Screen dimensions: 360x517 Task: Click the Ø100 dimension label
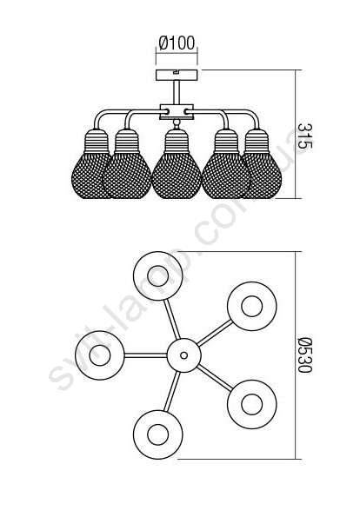point(177,43)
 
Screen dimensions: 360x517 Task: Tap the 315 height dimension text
point(304,136)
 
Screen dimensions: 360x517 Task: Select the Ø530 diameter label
point(304,355)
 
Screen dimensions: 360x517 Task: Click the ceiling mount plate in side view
point(177,76)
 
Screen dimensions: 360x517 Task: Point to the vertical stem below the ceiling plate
point(177,93)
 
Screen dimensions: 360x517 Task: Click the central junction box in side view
point(177,112)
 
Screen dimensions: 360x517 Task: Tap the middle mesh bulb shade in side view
point(177,175)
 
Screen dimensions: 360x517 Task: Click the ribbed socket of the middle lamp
point(177,141)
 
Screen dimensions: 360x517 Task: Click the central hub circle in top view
point(183,355)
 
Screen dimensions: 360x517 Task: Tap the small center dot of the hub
point(183,355)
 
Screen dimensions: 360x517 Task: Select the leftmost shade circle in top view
point(100,355)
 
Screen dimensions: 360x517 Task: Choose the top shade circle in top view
point(158,276)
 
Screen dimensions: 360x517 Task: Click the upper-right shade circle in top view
point(252,307)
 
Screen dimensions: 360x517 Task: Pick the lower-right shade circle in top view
point(252,404)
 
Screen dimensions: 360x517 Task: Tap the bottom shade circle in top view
point(158,434)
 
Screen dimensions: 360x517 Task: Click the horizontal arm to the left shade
point(146,355)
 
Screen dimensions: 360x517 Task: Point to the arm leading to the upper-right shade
point(215,333)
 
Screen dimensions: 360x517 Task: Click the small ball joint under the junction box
point(177,123)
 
